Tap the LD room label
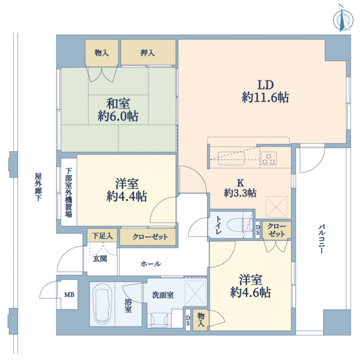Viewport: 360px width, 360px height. tap(265, 85)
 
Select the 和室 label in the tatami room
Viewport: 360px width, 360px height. tap(118, 104)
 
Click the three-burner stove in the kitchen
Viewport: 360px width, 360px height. tap(268, 158)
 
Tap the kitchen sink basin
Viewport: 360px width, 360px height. tap(231, 158)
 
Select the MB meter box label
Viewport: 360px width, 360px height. tap(69, 295)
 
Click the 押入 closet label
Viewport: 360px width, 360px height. tap(148, 53)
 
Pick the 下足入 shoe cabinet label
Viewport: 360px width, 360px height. tap(102, 236)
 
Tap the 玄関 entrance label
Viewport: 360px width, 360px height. tap(100, 259)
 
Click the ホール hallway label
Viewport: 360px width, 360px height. tap(151, 264)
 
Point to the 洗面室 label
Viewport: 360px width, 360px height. tap(163, 295)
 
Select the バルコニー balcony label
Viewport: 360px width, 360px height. tap(322, 239)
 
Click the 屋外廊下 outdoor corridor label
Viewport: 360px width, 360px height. tap(38, 187)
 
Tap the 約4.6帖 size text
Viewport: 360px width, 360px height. tap(250, 293)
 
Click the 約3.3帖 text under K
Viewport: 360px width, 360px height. tap(240, 193)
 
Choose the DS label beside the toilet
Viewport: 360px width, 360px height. tap(258, 230)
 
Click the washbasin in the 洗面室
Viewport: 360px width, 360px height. tap(159, 320)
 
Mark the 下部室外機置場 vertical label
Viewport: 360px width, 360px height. tap(68, 193)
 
